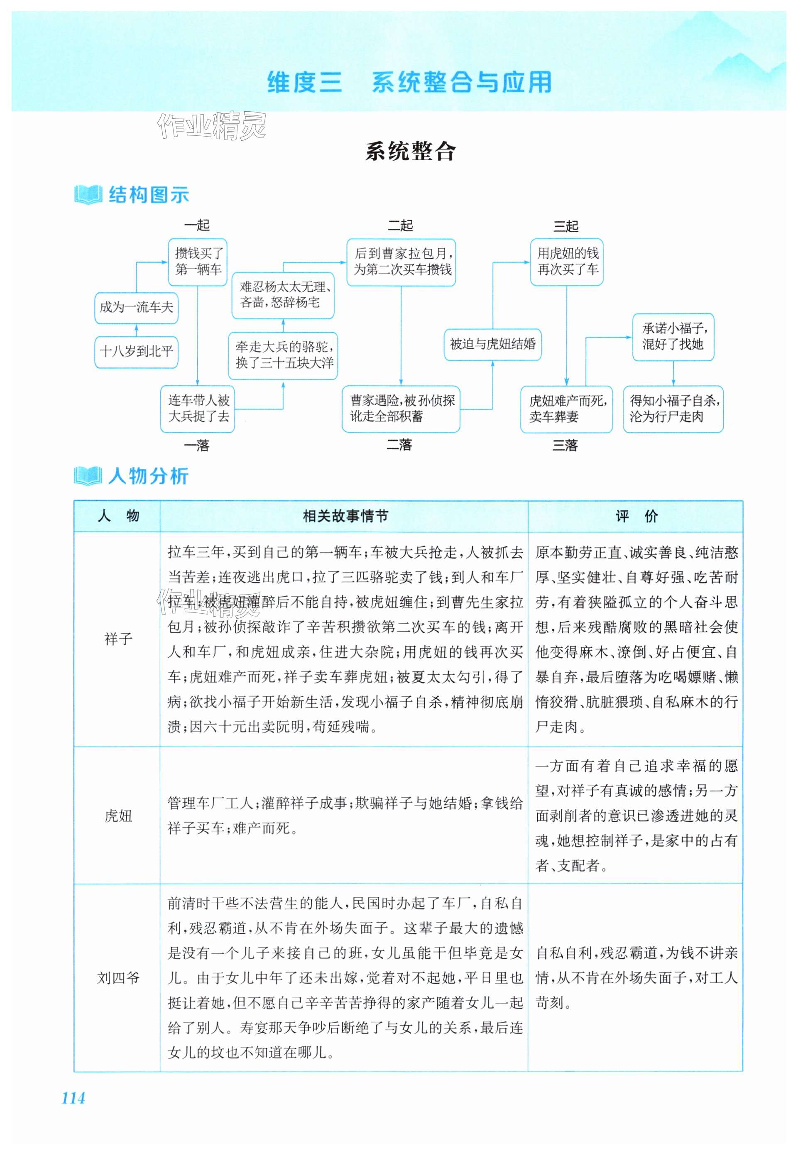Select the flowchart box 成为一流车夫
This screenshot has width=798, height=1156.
coord(136,308)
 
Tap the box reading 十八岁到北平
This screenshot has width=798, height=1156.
coord(136,352)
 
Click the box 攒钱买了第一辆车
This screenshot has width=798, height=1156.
coord(198,262)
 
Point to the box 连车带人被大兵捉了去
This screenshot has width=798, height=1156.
coord(198,409)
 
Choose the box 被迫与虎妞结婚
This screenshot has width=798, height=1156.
coord(492,344)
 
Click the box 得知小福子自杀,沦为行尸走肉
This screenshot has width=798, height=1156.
coord(673,409)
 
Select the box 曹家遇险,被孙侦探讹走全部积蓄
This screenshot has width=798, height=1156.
coord(401,409)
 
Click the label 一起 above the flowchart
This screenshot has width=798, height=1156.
coord(196,225)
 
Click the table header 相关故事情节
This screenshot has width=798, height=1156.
coord(345,516)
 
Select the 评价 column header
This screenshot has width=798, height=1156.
coord(636,516)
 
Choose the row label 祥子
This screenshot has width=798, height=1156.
coord(118,639)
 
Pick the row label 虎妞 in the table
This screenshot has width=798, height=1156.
coord(118,816)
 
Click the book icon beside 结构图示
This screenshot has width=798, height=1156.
coord(88,195)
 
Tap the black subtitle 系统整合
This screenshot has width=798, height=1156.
coord(411,151)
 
